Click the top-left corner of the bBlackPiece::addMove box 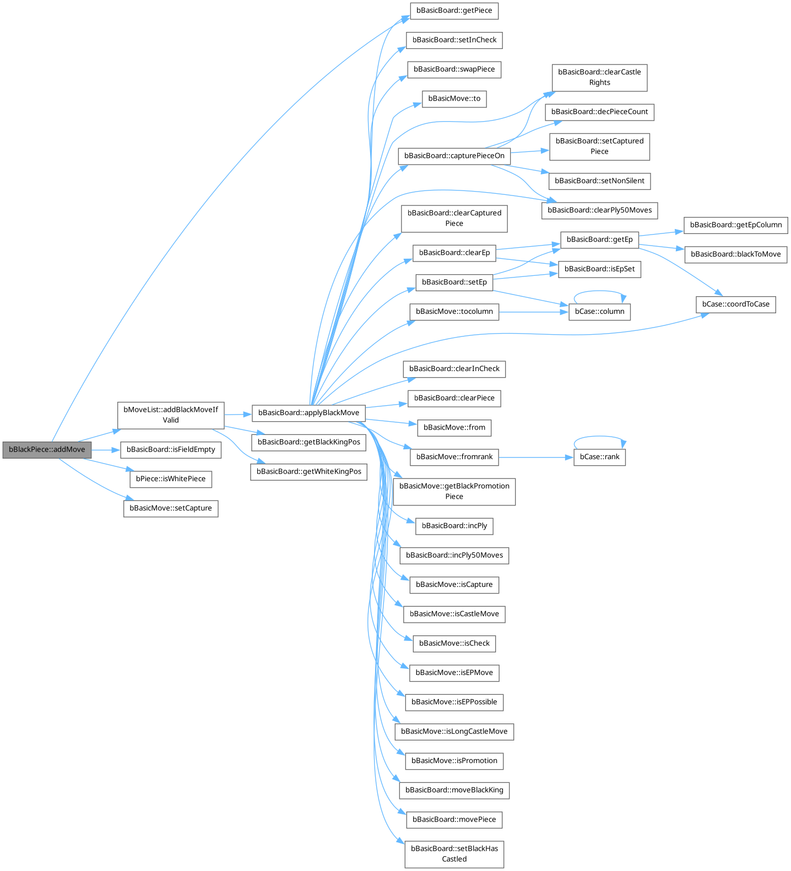pyautogui.click(x=3, y=442)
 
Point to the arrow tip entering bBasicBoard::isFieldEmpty pyautogui.click(x=121, y=450)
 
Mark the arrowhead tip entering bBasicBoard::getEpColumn pyautogui.click(x=684, y=231)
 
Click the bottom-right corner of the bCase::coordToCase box pyautogui.click(x=776, y=313)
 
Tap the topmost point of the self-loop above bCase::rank pyautogui.click(x=599, y=437)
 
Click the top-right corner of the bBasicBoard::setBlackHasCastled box pyautogui.click(x=503, y=841)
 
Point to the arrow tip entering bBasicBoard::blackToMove pyautogui.click(x=684, y=250)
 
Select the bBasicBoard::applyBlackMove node pyautogui.click(x=308, y=413)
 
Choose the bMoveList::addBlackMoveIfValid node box pyautogui.click(x=171, y=415)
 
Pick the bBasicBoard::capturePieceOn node pyautogui.click(x=454, y=156)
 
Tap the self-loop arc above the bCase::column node pyautogui.click(x=599, y=291)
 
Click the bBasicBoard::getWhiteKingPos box pyautogui.click(x=308, y=472)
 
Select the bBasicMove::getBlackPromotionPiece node pyautogui.click(x=454, y=492)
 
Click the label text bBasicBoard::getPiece pyautogui.click(x=454, y=10)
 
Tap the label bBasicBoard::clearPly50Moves pyautogui.click(x=600, y=210)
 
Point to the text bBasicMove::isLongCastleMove pyautogui.click(x=454, y=732)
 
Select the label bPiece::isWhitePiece pyautogui.click(x=171, y=479)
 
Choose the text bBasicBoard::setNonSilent pyautogui.click(x=600, y=181)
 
